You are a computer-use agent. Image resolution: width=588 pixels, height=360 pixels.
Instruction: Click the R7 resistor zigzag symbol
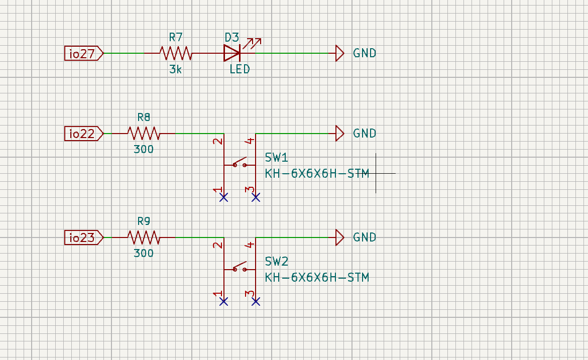[x=175, y=53]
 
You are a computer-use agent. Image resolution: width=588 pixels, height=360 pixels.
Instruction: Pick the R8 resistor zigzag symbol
[x=143, y=134]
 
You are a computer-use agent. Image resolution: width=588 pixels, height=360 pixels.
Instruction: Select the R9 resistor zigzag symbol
[x=143, y=237]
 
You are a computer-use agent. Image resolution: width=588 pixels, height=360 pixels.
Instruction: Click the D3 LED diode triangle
[x=232, y=53]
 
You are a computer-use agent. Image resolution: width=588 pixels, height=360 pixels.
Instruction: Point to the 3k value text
[x=175, y=69]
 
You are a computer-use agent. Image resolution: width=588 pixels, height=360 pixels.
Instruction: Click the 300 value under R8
[x=144, y=150]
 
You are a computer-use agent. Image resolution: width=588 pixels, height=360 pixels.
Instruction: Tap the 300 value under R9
[x=144, y=254]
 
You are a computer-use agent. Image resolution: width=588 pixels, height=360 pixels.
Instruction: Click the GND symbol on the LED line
[x=340, y=53]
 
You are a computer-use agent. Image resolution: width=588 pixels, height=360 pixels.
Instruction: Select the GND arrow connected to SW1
[x=340, y=134]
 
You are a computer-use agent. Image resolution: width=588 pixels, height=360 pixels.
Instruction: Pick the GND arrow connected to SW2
[x=340, y=237]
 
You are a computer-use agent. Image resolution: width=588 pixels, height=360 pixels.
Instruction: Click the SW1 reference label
[x=277, y=158]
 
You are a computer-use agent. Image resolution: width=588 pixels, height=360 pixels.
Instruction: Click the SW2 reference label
[x=277, y=262]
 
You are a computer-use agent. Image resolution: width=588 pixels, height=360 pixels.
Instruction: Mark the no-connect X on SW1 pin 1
[x=224, y=197]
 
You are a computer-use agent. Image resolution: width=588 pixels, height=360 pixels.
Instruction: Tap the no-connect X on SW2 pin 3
[x=256, y=301]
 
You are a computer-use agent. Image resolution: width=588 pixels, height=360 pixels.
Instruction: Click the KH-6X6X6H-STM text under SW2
[x=317, y=277]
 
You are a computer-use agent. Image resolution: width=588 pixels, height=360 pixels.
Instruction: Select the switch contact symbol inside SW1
[x=240, y=164]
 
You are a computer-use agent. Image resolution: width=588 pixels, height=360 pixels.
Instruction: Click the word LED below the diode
[x=240, y=69]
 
